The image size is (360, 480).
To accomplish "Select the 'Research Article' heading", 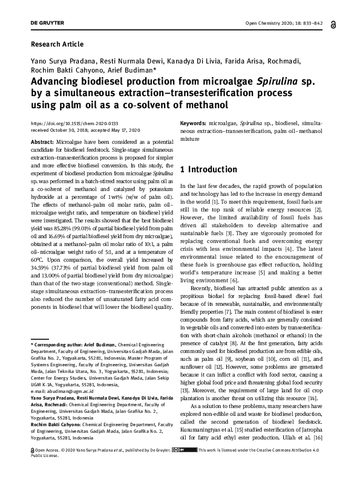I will pos(57,44).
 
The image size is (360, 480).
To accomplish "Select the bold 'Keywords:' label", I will pos(195,123).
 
